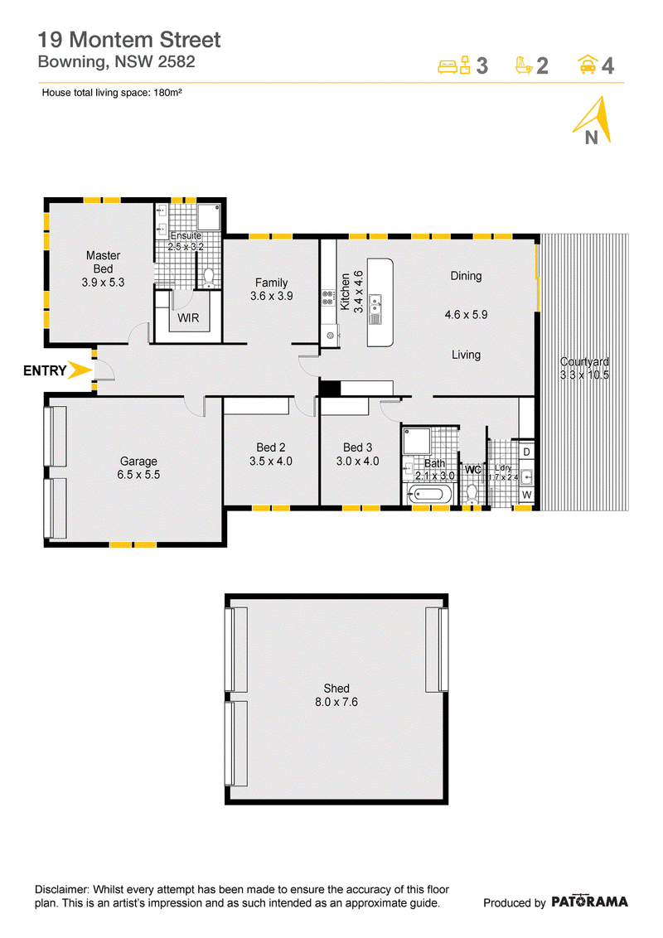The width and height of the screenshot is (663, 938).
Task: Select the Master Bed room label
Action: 103,262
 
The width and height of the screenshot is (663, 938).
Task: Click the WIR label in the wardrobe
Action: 188,318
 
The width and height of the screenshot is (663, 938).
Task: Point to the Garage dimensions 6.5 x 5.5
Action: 139,475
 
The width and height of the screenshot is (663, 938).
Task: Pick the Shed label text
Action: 336,689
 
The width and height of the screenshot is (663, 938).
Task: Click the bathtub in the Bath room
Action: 429,496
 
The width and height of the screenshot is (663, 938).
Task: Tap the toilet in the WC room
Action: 472,494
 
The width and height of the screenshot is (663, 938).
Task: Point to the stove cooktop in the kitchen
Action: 328,298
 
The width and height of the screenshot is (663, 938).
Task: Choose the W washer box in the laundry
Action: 526,495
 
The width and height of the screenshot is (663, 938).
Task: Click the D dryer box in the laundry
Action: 526,452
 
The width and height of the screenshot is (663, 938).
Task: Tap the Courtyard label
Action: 584,362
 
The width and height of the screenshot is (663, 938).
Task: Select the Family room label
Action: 272,283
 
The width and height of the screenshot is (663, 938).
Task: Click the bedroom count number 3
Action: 482,65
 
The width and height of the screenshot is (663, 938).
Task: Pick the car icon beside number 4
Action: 588,64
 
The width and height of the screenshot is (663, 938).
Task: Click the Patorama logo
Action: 589,902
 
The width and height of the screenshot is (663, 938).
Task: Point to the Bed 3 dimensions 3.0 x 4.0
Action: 358,462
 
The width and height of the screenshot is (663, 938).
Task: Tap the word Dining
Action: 466,277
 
